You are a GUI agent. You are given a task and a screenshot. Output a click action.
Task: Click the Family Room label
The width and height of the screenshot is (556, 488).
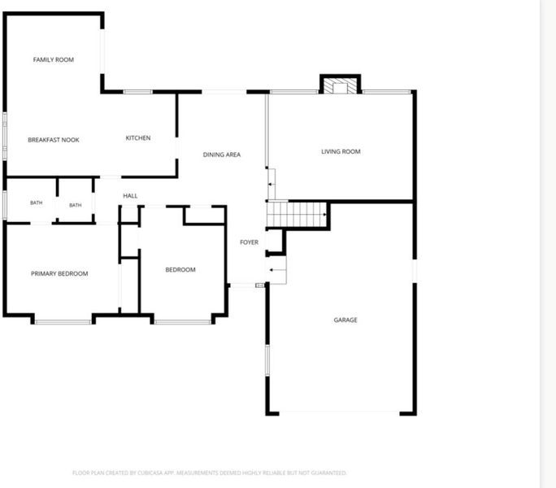(x=54, y=59)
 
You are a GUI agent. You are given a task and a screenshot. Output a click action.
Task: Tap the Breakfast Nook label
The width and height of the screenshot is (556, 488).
(x=54, y=140)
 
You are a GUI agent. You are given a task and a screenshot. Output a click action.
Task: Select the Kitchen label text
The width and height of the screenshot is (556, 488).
(x=138, y=137)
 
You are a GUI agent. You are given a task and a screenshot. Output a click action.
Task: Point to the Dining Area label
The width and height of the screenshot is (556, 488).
(x=222, y=155)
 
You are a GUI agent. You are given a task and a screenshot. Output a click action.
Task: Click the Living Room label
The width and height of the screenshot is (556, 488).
(x=341, y=151)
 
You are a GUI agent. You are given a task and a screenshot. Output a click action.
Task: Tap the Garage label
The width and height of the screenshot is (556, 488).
(x=345, y=320)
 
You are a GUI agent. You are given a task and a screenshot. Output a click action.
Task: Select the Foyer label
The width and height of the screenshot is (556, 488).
(x=250, y=242)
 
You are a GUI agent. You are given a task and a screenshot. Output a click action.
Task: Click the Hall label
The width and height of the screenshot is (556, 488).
(x=130, y=195)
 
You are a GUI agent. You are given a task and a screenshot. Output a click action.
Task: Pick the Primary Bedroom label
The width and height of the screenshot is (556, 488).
(x=59, y=273)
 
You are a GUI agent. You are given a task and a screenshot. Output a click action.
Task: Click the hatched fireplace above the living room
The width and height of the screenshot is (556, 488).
(x=340, y=85)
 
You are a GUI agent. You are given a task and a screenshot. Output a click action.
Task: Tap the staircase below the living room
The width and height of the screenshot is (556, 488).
(x=297, y=215)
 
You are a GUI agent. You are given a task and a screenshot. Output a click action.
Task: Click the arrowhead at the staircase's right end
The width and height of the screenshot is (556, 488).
(x=325, y=215)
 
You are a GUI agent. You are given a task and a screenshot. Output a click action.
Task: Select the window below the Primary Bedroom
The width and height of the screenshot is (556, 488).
(x=63, y=322)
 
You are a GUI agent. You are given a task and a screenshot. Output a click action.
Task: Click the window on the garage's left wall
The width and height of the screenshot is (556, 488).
(x=267, y=359)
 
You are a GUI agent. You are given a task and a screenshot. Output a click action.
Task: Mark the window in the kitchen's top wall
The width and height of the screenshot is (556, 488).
(x=138, y=92)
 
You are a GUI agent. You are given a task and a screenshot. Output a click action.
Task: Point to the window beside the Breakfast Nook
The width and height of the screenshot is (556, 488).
(x=5, y=137)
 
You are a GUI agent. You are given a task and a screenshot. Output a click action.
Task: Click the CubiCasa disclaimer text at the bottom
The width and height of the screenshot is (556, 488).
(x=209, y=473)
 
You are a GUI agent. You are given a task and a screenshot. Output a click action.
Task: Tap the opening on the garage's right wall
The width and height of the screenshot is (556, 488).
(x=415, y=271)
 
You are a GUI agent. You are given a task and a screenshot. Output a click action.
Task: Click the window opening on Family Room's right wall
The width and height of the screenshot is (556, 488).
(x=102, y=51)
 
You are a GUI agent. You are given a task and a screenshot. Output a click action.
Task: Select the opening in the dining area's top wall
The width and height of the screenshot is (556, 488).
(x=224, y=92)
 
